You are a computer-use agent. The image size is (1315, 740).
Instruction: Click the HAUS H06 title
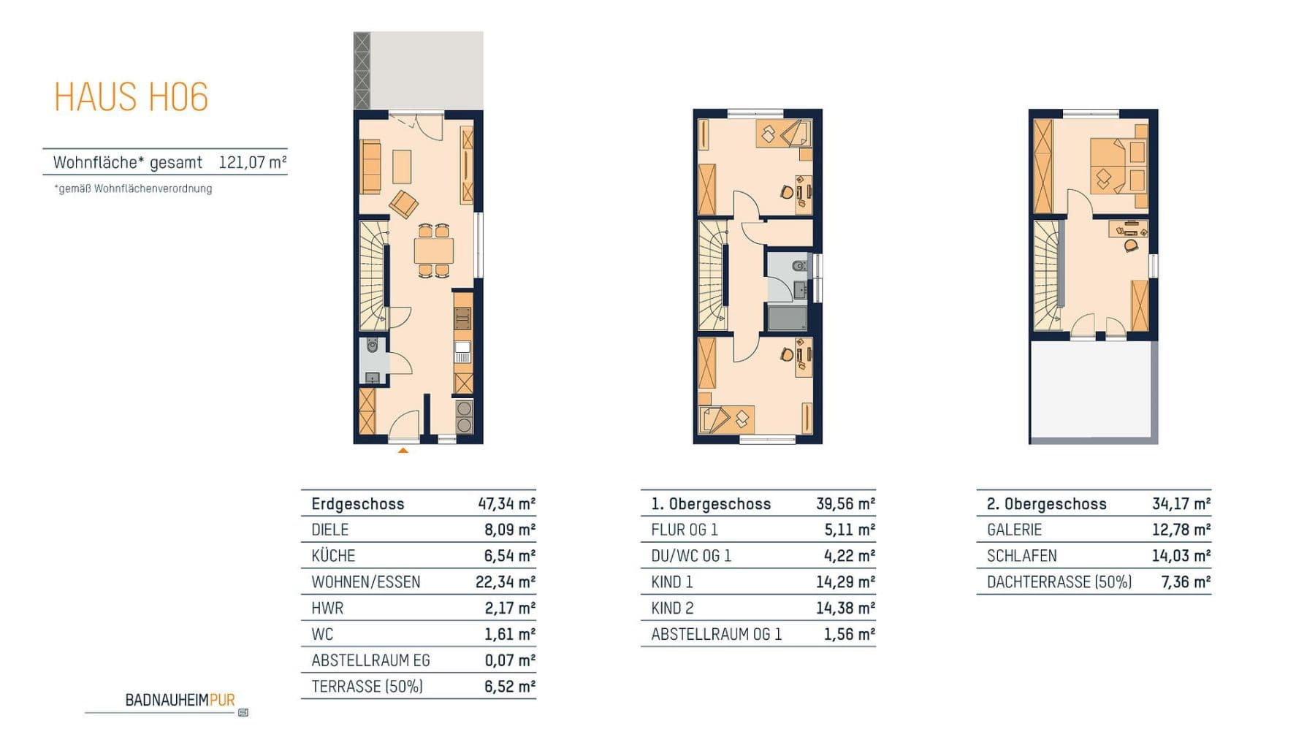tap(131, 97)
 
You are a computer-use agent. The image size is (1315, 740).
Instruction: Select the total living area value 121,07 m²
tap(252, 162)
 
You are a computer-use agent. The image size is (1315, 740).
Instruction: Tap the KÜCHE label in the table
tap(333, 556)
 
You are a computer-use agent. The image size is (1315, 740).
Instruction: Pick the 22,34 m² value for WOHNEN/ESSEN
tap(505, 582)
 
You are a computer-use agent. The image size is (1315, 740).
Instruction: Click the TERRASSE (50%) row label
tap(367, 687)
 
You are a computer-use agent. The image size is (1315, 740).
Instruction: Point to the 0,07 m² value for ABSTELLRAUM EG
tap(509, 660)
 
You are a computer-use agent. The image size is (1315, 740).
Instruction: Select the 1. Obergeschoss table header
tap(710, 504)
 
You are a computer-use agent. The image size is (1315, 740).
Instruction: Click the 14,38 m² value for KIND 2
tap(845, 608)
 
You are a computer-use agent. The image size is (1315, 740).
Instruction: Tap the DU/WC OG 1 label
tap(690, 556)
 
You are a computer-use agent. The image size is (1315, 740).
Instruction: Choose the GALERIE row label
tap(1014, 530)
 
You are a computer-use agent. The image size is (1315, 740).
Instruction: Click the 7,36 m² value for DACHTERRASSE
tap(1185, 582)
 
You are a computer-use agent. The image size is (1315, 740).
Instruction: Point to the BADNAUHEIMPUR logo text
tap(180, 700)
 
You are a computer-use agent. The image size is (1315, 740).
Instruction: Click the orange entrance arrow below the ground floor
tap(403, 451)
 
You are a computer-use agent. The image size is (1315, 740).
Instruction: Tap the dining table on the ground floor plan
tap(433, 251)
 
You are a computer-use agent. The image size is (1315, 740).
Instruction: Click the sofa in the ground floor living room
tap(371, 167)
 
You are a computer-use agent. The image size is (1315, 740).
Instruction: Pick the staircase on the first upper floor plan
tap(712, 276)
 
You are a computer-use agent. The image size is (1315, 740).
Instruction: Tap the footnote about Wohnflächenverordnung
tap(133, 188)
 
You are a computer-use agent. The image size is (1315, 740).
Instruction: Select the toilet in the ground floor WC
tap(373, 345)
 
